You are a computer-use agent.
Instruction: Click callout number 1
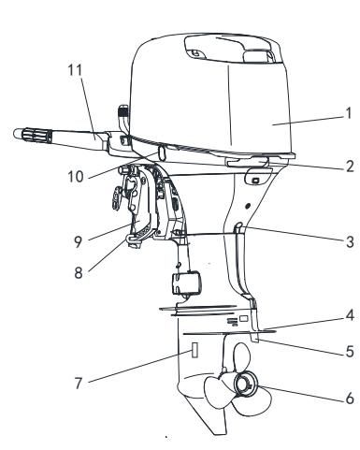[349, 113]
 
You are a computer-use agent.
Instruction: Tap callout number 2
[350, 167]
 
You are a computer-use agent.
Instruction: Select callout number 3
[350, 242]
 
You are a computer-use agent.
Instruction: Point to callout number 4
[351, 315]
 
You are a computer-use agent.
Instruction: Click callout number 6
[350, 399]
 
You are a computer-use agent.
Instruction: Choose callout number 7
[79, 383]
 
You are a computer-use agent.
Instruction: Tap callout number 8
[79, 272]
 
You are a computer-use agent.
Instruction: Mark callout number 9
[79, 242]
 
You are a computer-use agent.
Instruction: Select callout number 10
[76, 177]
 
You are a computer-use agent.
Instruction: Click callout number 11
[75, 70]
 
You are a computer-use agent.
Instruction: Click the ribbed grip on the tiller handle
[36, 136]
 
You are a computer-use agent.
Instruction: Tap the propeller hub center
[245, 385]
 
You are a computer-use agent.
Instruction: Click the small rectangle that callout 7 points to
[194, 350]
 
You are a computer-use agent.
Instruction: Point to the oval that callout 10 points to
[162, 152]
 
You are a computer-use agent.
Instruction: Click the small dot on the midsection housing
[248, 206]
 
